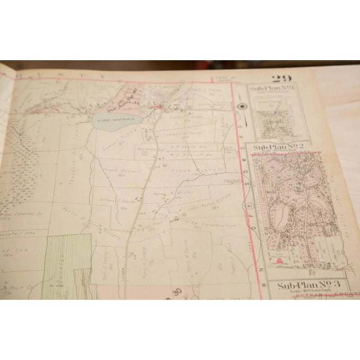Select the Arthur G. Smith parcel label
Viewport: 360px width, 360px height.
[x=117, y=200]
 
